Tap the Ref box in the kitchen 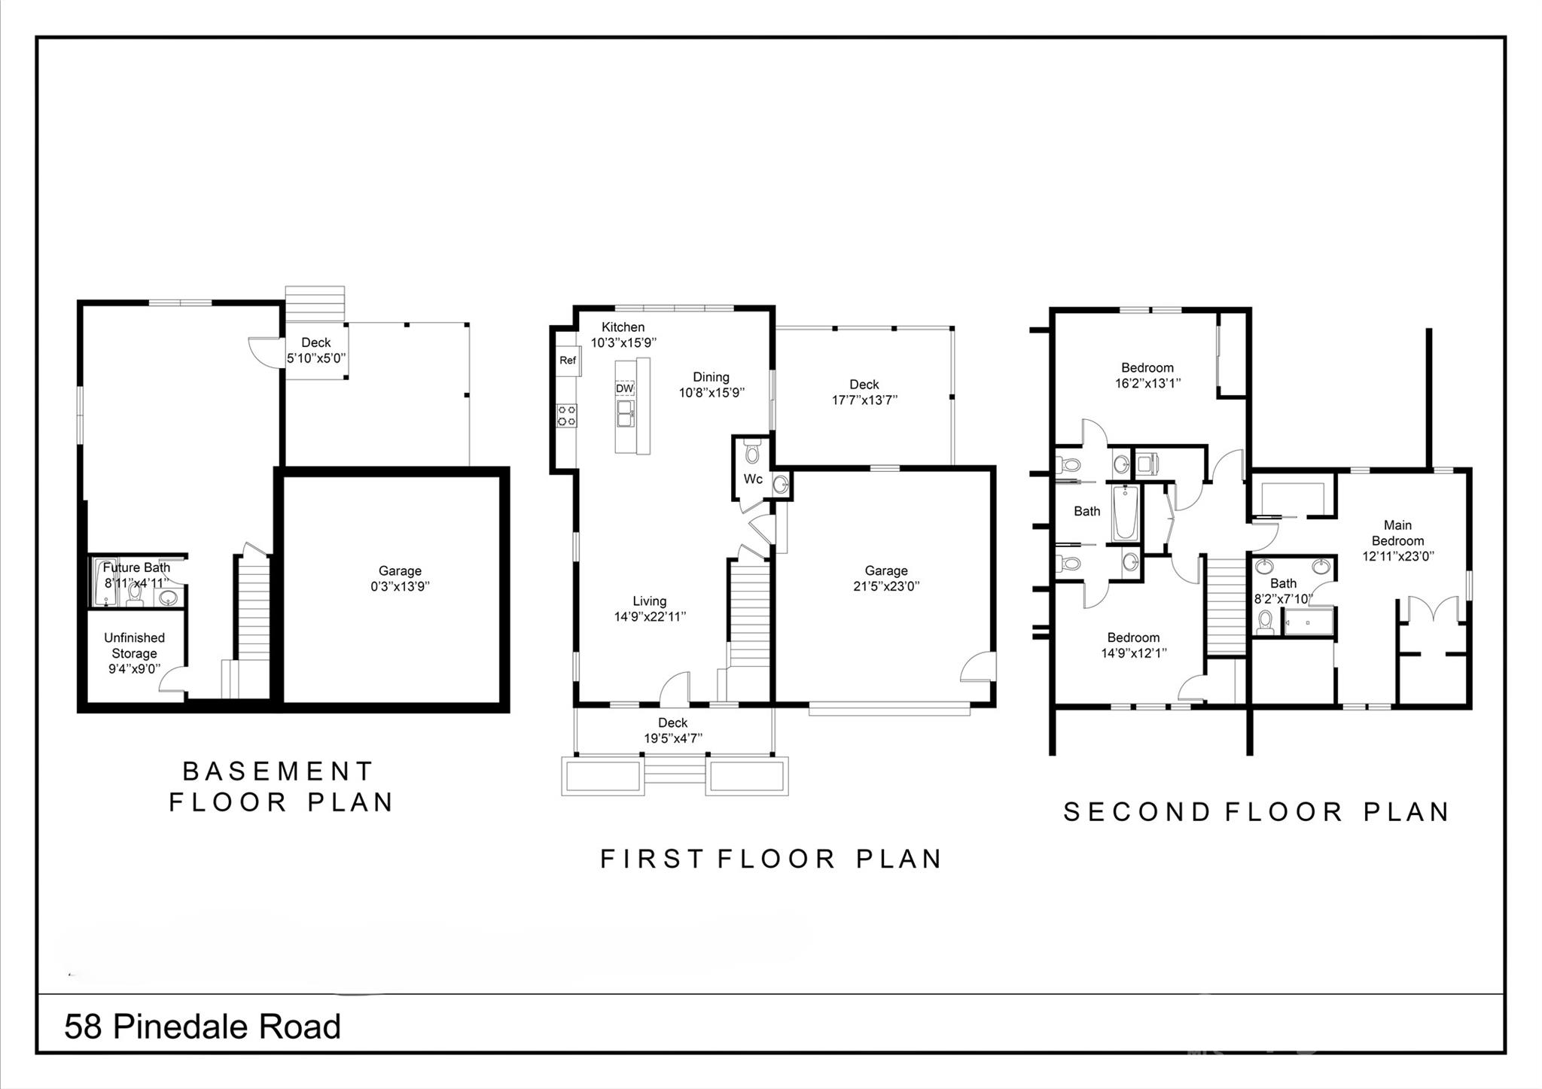click(x=568, y=360)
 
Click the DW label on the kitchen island click(x=625, y=388)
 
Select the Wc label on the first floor click(x=753, y=479)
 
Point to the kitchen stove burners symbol click(x=567, y=415)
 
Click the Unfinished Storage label click(x=134, y=646)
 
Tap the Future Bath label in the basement click(x=136, y=567)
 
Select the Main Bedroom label click(x=1397, y=533)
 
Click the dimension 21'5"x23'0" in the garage click(x=886, y=586)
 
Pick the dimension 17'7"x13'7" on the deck click(x=864, y=400)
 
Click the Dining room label click(x=711, y=377)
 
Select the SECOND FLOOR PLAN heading click(x=1256, y=812)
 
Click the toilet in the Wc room click(x=751, y=454)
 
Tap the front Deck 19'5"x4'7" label click(x=672, y=731)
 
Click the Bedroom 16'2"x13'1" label click(x=1147, y=375)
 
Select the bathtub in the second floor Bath click(x=1125, y=513)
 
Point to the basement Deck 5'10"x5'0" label click(x=315, y=351)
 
